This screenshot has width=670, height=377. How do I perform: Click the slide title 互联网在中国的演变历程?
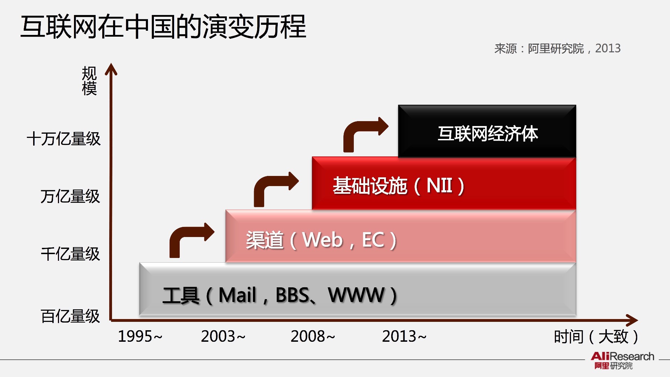click(163, 27)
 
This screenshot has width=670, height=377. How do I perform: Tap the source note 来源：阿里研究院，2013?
click(557, 49)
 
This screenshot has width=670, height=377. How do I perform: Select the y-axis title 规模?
click(89, 81)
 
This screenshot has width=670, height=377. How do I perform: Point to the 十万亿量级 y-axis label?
click(64, 139)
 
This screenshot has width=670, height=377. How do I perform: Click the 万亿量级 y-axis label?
click(70, 196)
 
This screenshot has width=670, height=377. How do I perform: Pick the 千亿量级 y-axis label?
click(70, 254)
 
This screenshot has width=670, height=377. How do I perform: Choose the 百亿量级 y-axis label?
click(70, 316)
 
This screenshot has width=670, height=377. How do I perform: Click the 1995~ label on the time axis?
click(140, 337)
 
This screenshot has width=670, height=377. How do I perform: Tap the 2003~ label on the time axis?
click(223, 337)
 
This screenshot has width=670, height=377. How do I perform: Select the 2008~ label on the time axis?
click(313, 337)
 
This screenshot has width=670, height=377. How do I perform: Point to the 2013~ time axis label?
click(404, 337)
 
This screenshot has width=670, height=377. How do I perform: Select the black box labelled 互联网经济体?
click(487, 131)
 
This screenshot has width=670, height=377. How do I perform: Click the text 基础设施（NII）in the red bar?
click(399, 186)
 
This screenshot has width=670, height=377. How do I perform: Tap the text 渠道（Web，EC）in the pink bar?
click(321, 240)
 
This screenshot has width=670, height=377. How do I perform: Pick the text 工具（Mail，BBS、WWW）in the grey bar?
click(280, 295)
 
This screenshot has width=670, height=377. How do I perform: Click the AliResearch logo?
click(622, 361)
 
